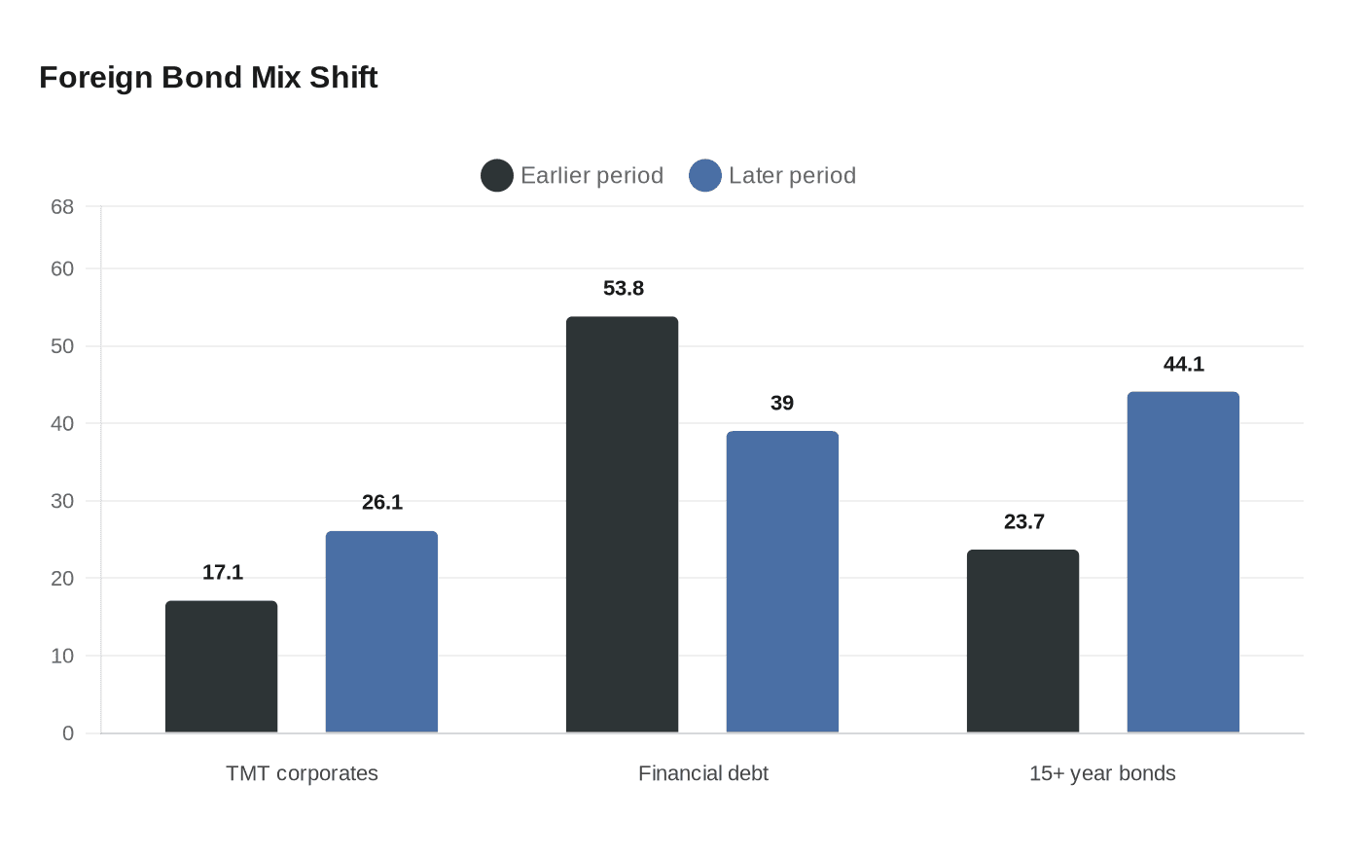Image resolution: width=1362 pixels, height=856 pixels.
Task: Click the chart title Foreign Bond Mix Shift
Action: (208, 77)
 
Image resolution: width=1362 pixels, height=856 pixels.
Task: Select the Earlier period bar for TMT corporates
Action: (221, 667)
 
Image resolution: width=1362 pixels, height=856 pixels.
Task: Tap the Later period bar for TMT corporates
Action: (381, 632)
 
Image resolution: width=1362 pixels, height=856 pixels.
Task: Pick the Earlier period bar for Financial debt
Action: (622, 525)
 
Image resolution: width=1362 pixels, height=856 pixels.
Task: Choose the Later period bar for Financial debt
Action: (782, 582)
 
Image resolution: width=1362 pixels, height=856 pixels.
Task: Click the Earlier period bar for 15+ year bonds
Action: (1022, 642)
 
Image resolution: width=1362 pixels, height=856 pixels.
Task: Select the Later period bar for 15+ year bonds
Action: (1183, 562)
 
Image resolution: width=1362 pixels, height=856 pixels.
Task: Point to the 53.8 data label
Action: (624, 289)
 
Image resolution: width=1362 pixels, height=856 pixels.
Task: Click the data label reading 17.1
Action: (223, 573)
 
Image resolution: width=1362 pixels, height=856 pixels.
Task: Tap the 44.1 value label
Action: (1184, 365)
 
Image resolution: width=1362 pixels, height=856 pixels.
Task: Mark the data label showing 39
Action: (782, 404)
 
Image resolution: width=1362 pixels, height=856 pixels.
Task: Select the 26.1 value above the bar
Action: (382, 503)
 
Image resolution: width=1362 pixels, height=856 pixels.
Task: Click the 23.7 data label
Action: (1024, 522)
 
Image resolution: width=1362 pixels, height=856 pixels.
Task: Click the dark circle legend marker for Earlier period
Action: (497, 176)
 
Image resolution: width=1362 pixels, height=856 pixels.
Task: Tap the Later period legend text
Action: (792, 176)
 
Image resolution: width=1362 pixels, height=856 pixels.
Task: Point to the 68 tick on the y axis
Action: (62, 207)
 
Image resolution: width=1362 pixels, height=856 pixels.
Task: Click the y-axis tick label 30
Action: (62, 501)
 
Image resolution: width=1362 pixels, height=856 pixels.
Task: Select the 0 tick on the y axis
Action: (68, 733)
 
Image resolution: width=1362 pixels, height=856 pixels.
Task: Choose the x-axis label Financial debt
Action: (702, 773)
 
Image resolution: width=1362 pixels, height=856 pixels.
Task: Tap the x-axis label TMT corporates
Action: (302, 773)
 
